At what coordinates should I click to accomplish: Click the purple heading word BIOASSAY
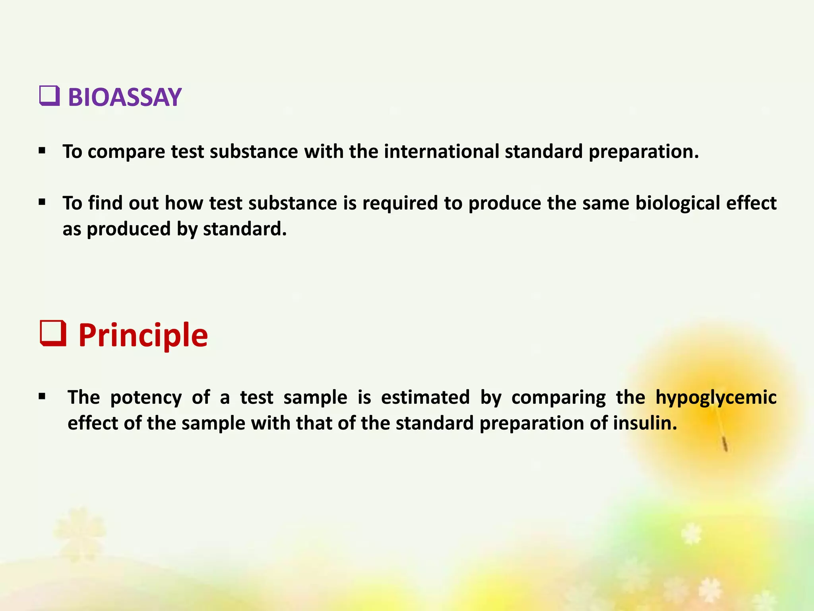point(124,97)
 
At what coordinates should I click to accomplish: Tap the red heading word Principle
point(143,335)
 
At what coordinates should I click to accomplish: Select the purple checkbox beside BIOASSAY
point(50,96)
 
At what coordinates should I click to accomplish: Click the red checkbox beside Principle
point(53,334)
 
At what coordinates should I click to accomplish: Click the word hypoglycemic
point(715,398)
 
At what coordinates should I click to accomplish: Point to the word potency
point(145,398)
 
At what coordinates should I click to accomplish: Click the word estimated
point(425,397)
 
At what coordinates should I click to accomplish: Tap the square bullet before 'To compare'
point(42,151)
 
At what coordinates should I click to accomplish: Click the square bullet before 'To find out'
point(42,202)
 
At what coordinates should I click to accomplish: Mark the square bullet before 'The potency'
point(42,397)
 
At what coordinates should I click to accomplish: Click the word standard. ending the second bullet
point(244,229)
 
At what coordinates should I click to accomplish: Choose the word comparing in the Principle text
point(558,398)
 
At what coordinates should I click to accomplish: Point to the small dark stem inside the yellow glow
point(725,444)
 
